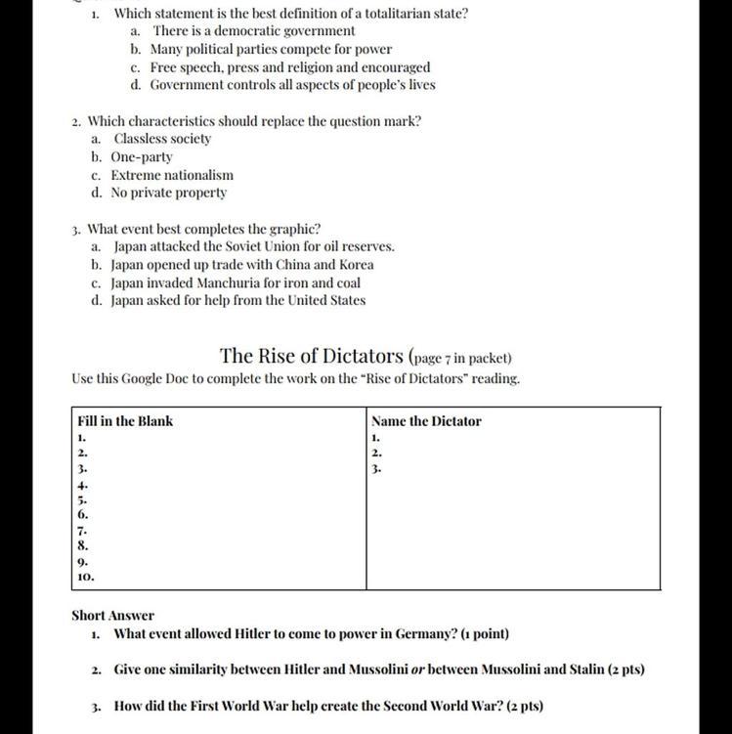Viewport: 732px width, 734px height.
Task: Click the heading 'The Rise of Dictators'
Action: point(311,355)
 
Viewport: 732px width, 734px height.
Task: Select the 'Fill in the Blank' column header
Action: point(125,421)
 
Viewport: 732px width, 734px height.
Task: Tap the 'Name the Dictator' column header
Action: point(426,421)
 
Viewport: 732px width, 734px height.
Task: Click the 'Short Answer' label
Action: point(112,616)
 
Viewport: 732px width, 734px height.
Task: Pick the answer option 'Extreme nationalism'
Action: point(172,175)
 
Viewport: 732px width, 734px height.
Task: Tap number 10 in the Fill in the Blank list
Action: point(84,578)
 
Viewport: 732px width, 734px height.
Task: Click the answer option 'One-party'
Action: point(142,156)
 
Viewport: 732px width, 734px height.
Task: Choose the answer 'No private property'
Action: point(169,193)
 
